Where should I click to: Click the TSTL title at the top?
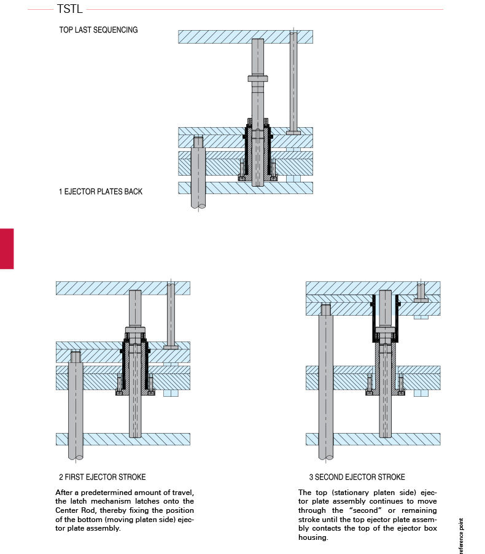(69, 9)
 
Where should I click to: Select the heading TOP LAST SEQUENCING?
(98, 29)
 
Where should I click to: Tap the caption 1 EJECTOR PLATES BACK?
(100, 192)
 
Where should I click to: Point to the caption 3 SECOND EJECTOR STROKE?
(357, 477)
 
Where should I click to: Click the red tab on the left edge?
(6, 248)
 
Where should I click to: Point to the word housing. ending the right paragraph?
(314, 537)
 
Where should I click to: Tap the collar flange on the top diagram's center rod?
(258, 78)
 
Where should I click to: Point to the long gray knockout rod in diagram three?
(326, 381)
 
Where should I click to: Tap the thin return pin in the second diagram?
(171, 313)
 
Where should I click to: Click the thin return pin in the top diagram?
(293, 80)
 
